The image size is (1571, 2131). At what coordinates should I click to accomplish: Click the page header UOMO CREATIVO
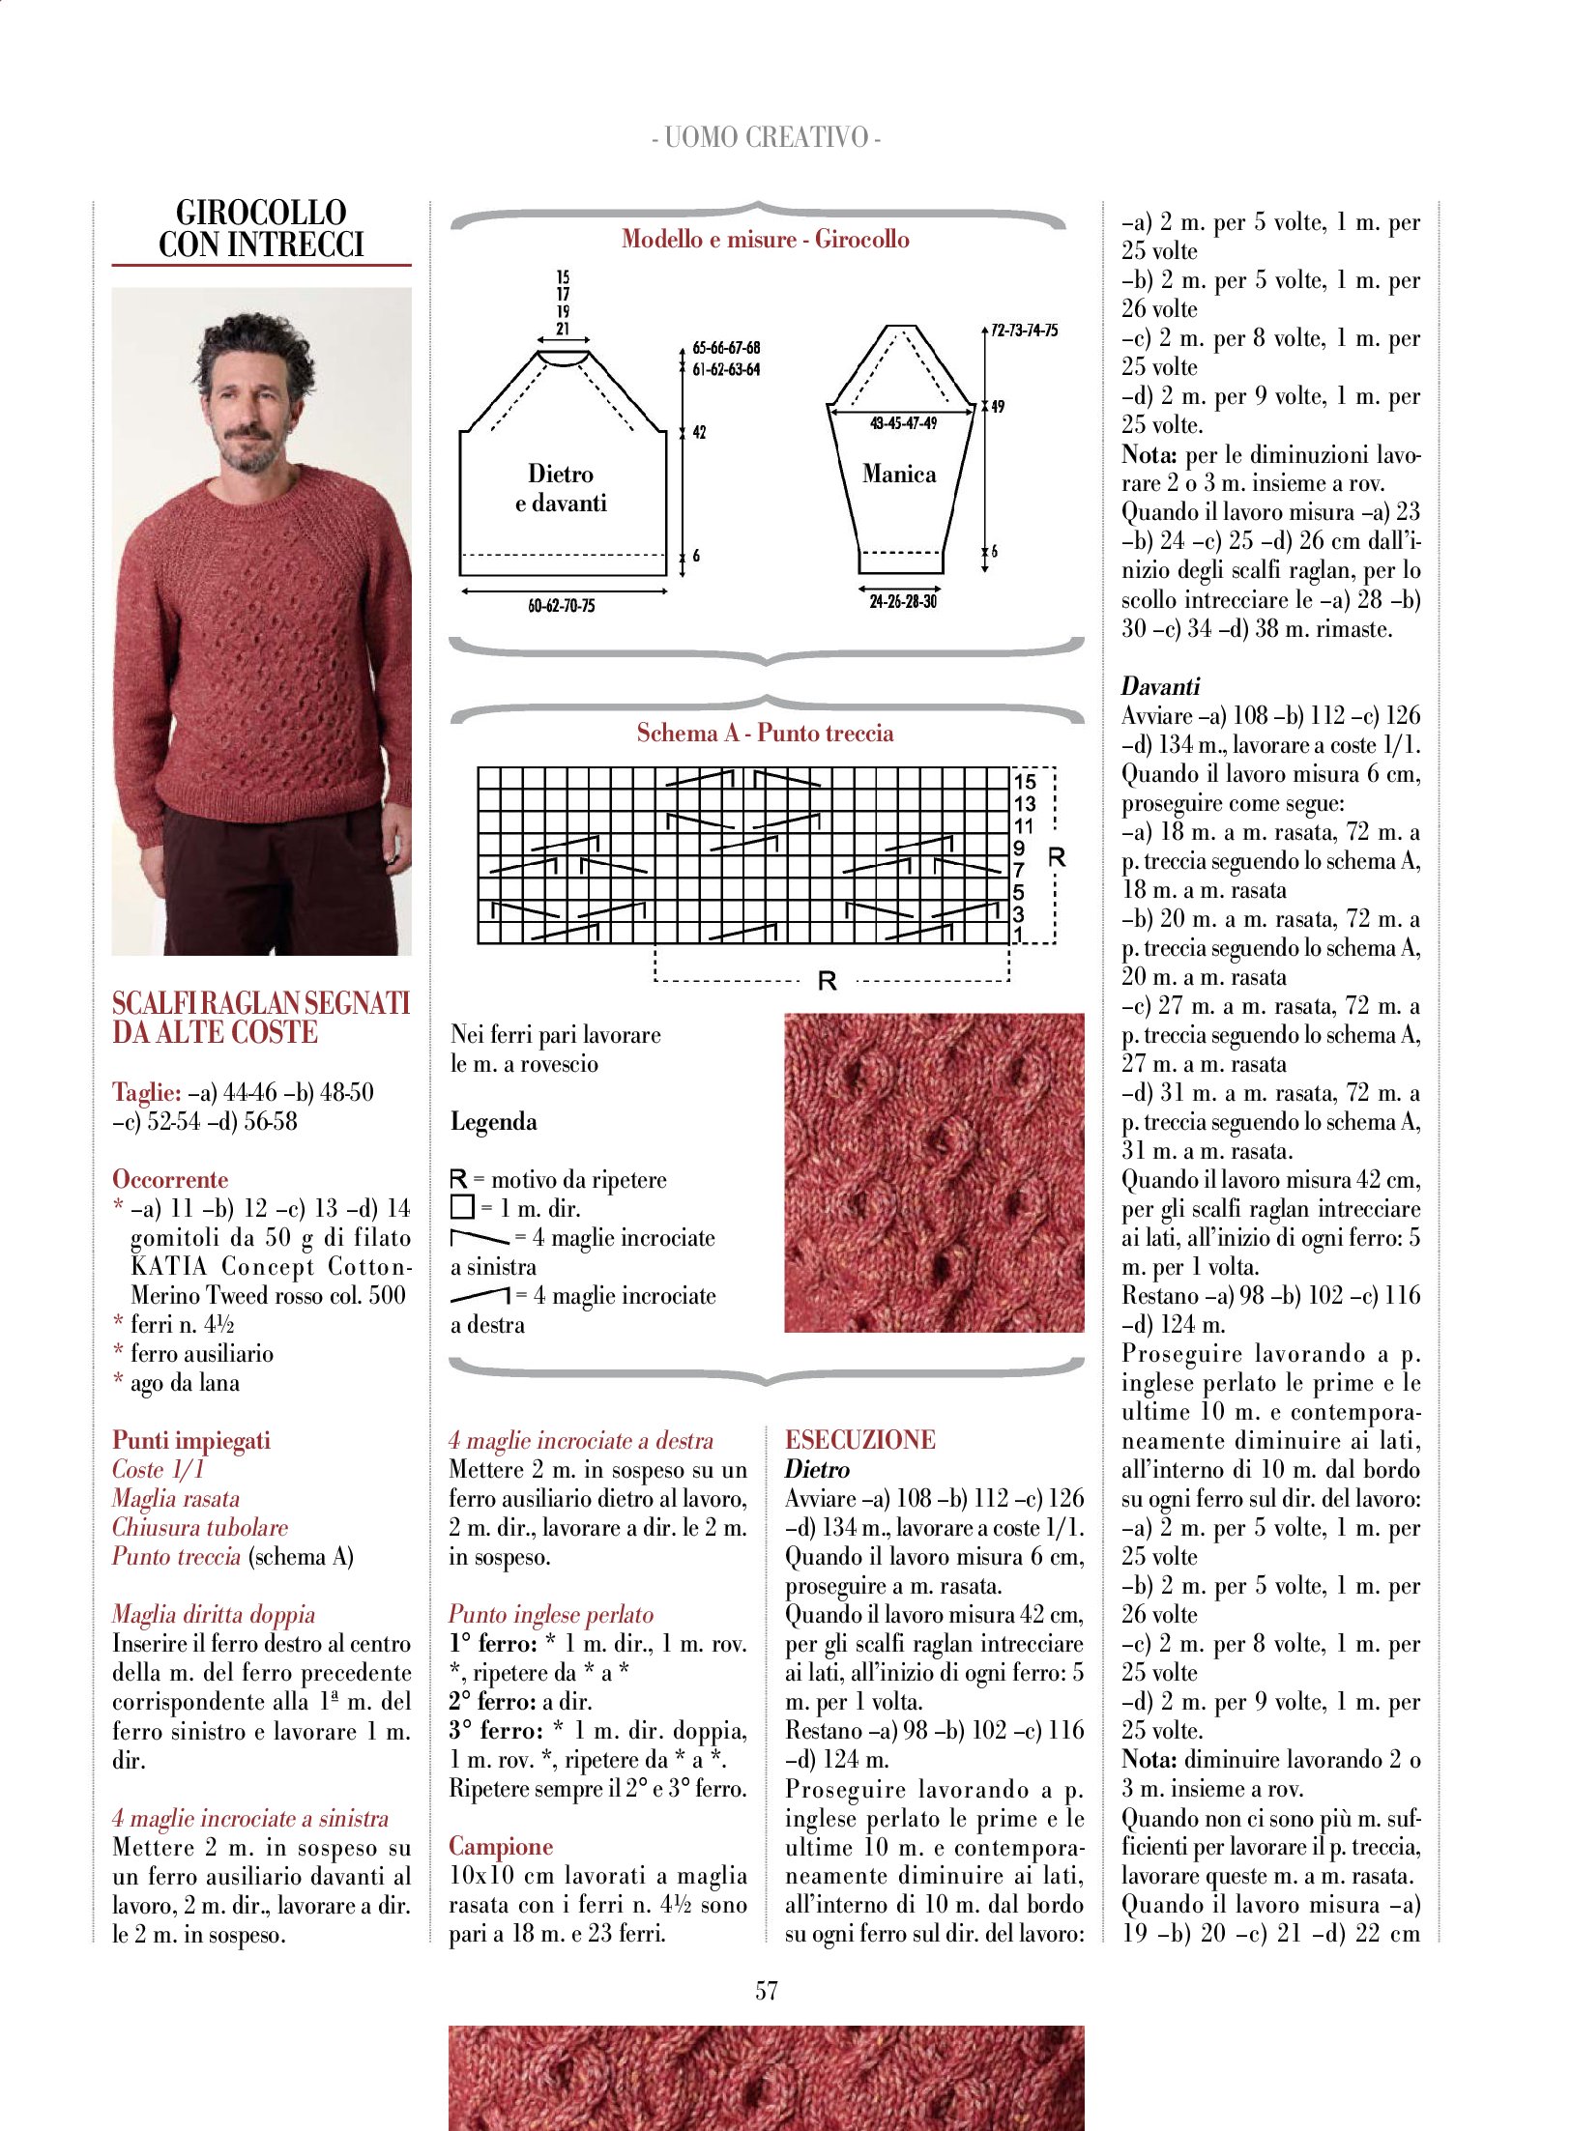coord(766,137)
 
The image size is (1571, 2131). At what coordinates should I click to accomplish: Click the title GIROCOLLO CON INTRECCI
coord(261,229)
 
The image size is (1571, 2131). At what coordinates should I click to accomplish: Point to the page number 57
coord(766,1990)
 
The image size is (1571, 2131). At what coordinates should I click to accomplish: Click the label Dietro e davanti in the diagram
coord(561,488)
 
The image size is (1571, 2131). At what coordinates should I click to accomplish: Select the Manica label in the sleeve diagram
coord(899,474)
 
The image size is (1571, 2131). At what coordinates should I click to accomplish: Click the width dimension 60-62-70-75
coord(561,606)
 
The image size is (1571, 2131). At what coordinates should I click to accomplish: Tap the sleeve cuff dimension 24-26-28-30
coord(902,601)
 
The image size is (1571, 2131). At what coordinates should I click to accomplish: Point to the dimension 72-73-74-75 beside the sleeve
coord(1024,331)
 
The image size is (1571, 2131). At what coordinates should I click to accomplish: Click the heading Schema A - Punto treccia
coord(765,733)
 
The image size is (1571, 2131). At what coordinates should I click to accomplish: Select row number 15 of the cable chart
coord(1025,781)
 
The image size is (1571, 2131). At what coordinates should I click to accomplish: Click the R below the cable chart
coord(827,982)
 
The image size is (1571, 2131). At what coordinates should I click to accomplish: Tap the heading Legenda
coord(493,1121)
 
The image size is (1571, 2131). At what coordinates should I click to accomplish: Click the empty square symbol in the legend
coord(462,1207)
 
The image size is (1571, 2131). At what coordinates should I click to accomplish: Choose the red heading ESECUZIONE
coord(859,1440)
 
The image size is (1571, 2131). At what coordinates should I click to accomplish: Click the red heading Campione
coord(500,1846)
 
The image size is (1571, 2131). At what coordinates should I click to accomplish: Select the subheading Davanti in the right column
coord(1160,686)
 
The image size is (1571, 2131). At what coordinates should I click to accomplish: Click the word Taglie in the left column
coord(146,1092)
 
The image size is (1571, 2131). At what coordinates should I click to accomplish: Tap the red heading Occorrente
coord(170,1179)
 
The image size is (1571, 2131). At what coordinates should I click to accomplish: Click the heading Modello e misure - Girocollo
coord(765,239)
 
